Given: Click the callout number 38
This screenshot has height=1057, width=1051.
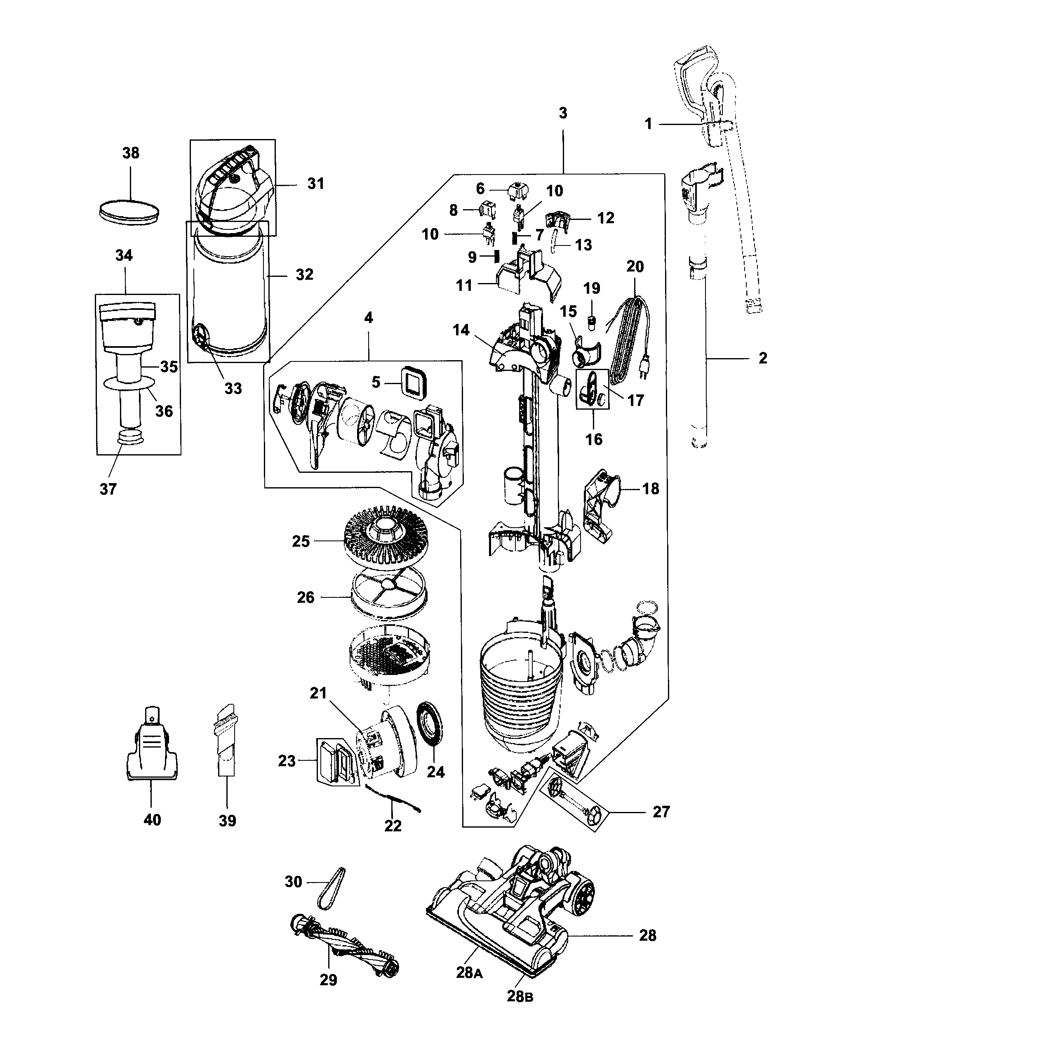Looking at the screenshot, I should [x=131, y=153].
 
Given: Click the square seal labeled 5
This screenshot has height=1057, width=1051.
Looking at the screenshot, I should [x=414, y=381].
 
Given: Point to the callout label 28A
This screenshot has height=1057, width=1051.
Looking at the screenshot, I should [x=470, y=973].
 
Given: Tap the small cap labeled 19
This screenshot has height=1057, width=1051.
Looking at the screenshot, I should [x=591, y=320].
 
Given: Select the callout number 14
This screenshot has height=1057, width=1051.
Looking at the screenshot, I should [x=461, y=330].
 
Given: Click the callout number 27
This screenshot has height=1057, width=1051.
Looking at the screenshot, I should [x=661, y=812].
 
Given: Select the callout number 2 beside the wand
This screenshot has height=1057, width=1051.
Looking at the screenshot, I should [x=763, y=359].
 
